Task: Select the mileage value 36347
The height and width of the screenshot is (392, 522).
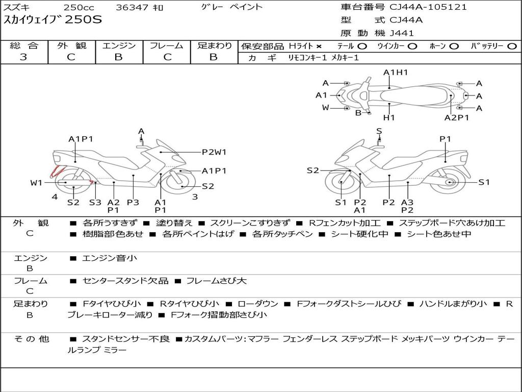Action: (130, 8)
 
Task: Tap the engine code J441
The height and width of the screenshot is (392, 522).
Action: (402, 33)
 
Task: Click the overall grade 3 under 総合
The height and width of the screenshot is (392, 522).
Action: (23, 57)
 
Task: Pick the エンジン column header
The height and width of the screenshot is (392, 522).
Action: (119, 46)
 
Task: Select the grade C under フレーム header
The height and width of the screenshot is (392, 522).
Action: (167, 57)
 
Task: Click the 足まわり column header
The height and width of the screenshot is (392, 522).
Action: (214, 46)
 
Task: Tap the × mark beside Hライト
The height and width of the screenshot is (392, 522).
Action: (319, 46)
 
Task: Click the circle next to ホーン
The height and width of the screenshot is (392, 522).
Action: (454, 46)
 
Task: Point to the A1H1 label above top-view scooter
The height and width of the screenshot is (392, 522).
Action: (396, 72)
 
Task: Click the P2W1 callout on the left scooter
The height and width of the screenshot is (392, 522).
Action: (214, 152)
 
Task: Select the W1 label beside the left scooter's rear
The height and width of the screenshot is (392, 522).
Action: (36, 183)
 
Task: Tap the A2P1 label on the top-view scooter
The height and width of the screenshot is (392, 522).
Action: (456, 117)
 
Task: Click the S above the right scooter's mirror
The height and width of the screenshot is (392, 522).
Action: (379, 131)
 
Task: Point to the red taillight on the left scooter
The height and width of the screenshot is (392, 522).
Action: (55, 171)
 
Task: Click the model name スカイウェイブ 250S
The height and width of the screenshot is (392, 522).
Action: (53, 20)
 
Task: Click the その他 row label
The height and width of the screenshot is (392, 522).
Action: (32, 339)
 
